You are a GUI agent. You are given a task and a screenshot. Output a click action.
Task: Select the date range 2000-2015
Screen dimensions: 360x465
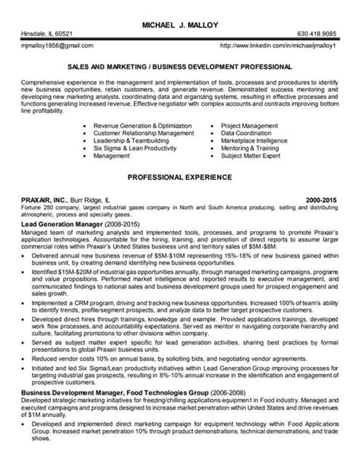(x=323, y=197)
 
